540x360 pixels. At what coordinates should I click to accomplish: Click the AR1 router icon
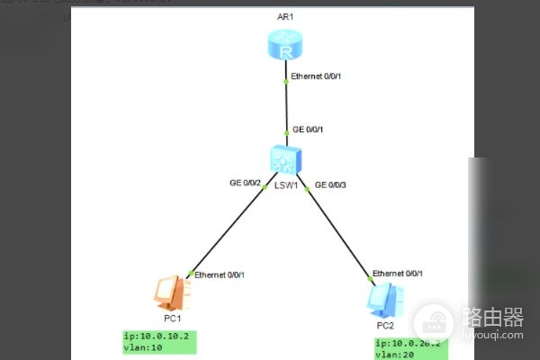click(286, 46)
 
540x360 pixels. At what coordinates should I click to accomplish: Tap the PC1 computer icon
click(168, 292)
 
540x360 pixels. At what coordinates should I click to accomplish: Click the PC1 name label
click(174, 319)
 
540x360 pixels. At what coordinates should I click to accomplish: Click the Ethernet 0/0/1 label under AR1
click(318, 77)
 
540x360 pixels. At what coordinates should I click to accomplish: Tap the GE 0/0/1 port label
click(309, 130)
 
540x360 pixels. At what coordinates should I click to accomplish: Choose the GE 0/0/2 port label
click(245, 184)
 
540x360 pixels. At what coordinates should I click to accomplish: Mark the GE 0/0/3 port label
click(330, 185)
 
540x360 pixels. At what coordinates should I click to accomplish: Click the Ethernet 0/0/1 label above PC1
click(220, 274)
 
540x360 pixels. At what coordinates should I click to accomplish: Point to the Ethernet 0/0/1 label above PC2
click(397, 273)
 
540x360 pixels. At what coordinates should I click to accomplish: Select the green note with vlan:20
click(410, 349)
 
